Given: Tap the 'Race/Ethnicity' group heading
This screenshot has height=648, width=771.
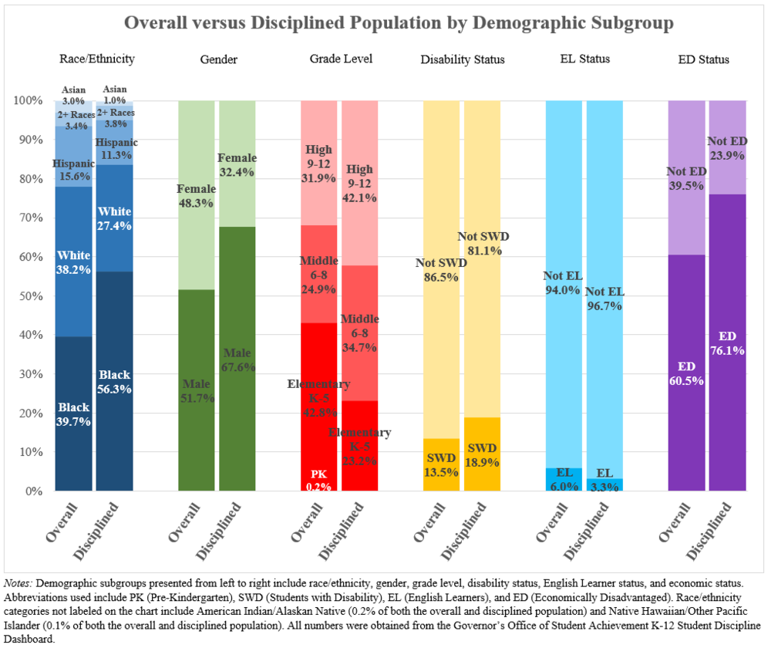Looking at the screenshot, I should (97, 59).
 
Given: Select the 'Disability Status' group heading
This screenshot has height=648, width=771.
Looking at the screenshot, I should (463, 59).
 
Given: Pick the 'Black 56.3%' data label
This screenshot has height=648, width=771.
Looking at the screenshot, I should (115, 382).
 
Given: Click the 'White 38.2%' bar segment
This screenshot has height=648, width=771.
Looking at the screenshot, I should (74, 262).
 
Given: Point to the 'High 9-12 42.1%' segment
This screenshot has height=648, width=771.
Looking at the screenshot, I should (359, 185).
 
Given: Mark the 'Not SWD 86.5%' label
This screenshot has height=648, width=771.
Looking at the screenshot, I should (441, 269).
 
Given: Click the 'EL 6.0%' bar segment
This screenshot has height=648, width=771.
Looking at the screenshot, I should (564, 479).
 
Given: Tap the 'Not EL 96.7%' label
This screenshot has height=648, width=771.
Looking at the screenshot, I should (604, 298).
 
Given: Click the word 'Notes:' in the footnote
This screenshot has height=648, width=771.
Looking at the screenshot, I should (19, 583).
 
